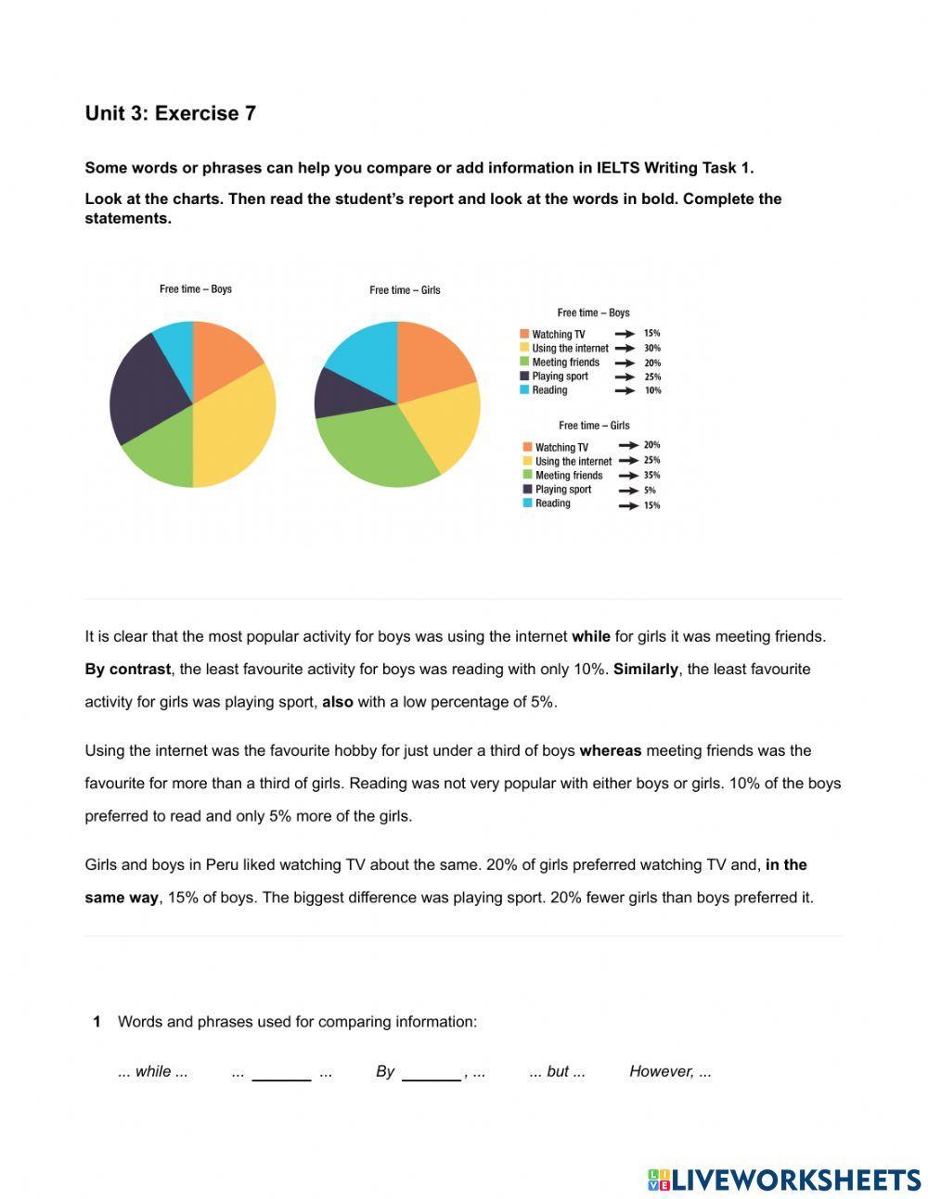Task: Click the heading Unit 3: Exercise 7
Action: click(x=170, y=113)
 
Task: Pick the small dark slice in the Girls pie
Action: click(x=339, y=394)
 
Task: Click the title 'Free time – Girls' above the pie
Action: click(x=405, y=290)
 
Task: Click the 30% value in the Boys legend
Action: click(x=651, y=348)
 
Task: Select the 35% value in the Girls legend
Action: click(x=651, y=475)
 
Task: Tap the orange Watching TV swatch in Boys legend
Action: click(x=524, y=334)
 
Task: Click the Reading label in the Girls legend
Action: click(x=553, y=504)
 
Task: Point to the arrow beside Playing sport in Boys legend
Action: click(x=625, y=376)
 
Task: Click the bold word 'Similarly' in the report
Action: click(x=645, y=670)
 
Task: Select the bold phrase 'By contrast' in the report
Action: click(x=127, y=670)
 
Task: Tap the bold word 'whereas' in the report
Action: click(x=610, y=751)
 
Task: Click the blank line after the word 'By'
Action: click(x=431, y=1073)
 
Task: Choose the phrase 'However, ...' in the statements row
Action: click(x=670, y=1072)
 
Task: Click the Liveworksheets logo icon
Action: click(x=659, y=1180)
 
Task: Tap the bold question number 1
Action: click(x=97, y=1022)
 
